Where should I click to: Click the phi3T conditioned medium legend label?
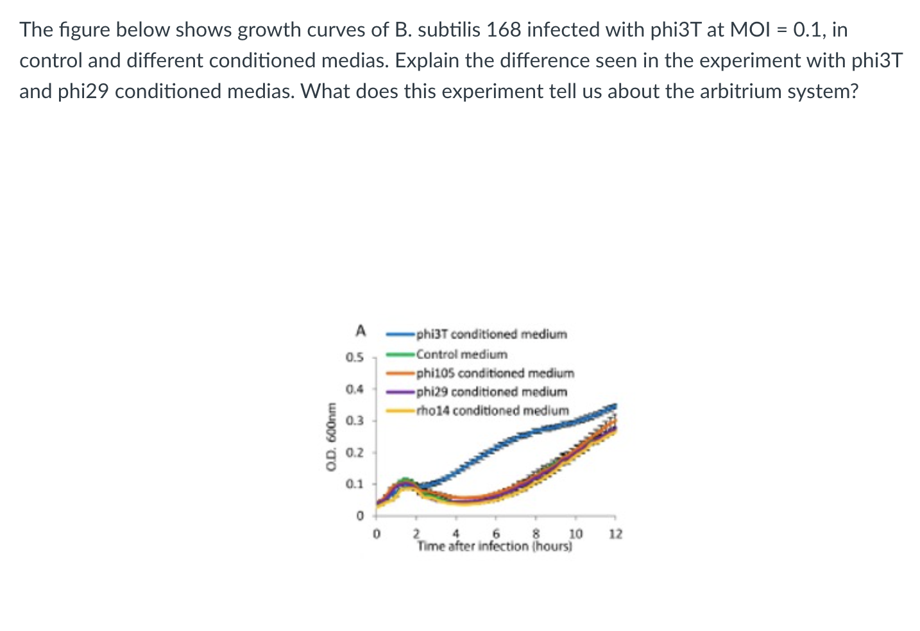click(491, 334)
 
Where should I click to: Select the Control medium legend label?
click(461, 354)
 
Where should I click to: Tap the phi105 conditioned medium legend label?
click(495, 373)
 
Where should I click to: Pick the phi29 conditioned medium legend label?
click(491, 391)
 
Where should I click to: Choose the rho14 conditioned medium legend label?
click(492, 410)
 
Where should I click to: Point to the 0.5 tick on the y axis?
click(354, 357)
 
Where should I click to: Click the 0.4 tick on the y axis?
click(354, 389)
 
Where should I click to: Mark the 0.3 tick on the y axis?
click(354, 421)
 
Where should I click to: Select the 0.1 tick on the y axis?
click(354, 484)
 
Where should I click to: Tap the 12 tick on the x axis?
click(615, 534)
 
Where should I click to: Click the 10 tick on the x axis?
click(575, 534)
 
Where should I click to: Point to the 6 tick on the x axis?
click(496, 534)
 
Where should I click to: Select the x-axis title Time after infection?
click(494, 546)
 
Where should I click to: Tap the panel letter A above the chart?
click(361, 331)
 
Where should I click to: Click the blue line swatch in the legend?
click(400, 334)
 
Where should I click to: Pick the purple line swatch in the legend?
click(400, 391)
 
